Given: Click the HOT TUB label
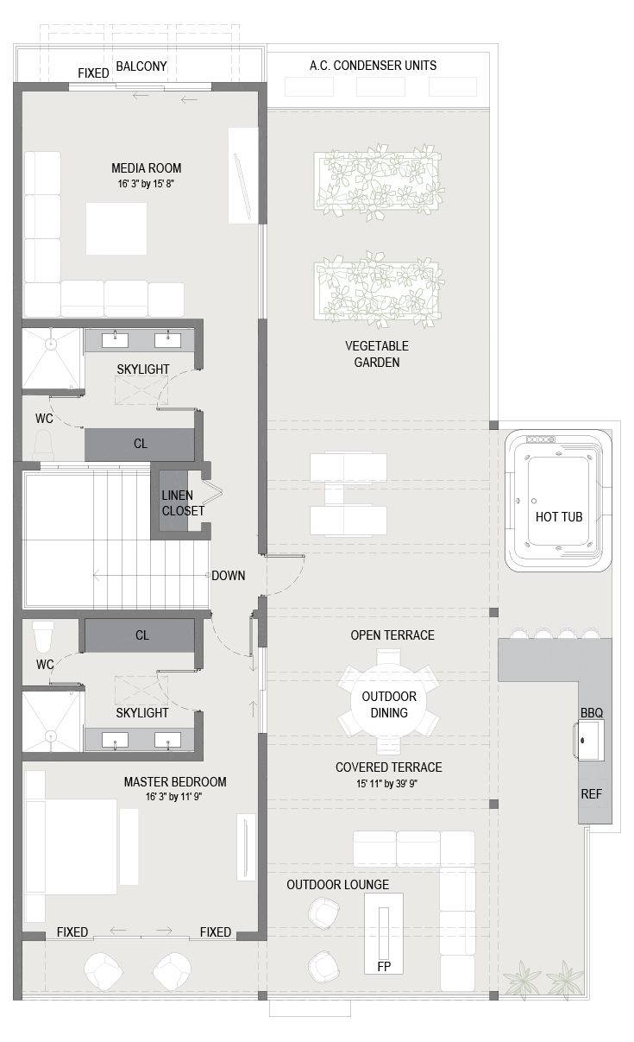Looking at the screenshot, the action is click(559, 517).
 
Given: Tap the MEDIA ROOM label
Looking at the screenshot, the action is click(147, 168).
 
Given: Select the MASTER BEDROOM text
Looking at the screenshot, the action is click(175, 782).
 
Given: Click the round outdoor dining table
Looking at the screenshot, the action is click(388, 704).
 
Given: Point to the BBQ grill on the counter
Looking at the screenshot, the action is click(591, 740).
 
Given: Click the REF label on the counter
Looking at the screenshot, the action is click(591, 794).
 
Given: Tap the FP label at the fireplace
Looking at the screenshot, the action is click(384, 967).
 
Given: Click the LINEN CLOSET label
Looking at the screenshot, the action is click(183, 502).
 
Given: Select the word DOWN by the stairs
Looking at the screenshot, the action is click(229, 576).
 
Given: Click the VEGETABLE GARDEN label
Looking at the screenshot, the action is click(377, 354).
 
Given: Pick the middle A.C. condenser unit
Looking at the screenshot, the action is click(380, 87).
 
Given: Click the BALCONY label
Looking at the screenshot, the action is click(141, 66).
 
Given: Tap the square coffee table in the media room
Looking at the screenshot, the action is click(116, 229).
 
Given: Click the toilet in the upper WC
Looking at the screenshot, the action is click(43, 445).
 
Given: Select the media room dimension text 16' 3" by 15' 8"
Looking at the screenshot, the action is click(146, 184).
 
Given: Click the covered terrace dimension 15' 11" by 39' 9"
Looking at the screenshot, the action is click(386, 784).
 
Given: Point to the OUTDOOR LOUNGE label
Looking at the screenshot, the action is click(337, 885).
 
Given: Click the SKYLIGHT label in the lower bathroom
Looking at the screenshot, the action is click(142, 713).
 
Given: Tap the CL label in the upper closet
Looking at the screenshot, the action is click(141, 444).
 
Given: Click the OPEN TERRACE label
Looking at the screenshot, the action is click(392, 635).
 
